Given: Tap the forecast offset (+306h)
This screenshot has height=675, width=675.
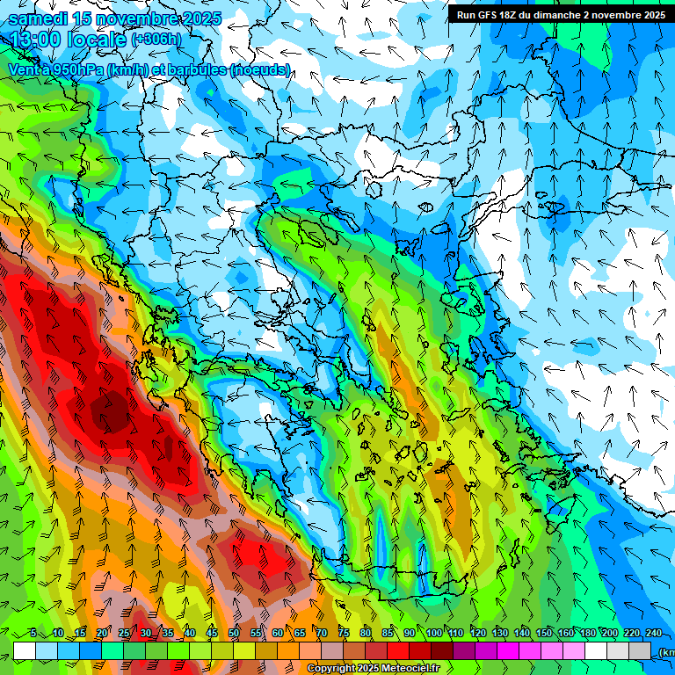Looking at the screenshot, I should (x=158, y=40).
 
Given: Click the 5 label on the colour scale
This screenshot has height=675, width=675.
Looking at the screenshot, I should (x=33, y=633).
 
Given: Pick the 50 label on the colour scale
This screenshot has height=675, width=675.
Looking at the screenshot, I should (x=234, y=633).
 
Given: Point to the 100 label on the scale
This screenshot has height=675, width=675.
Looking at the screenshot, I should (x=433, y=633).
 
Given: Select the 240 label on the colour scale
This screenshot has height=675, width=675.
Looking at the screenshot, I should (x=653, y=633).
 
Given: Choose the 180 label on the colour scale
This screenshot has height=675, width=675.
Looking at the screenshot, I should (x=587, y=633).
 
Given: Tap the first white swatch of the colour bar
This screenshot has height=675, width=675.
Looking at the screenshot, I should (x=25, y=650).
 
